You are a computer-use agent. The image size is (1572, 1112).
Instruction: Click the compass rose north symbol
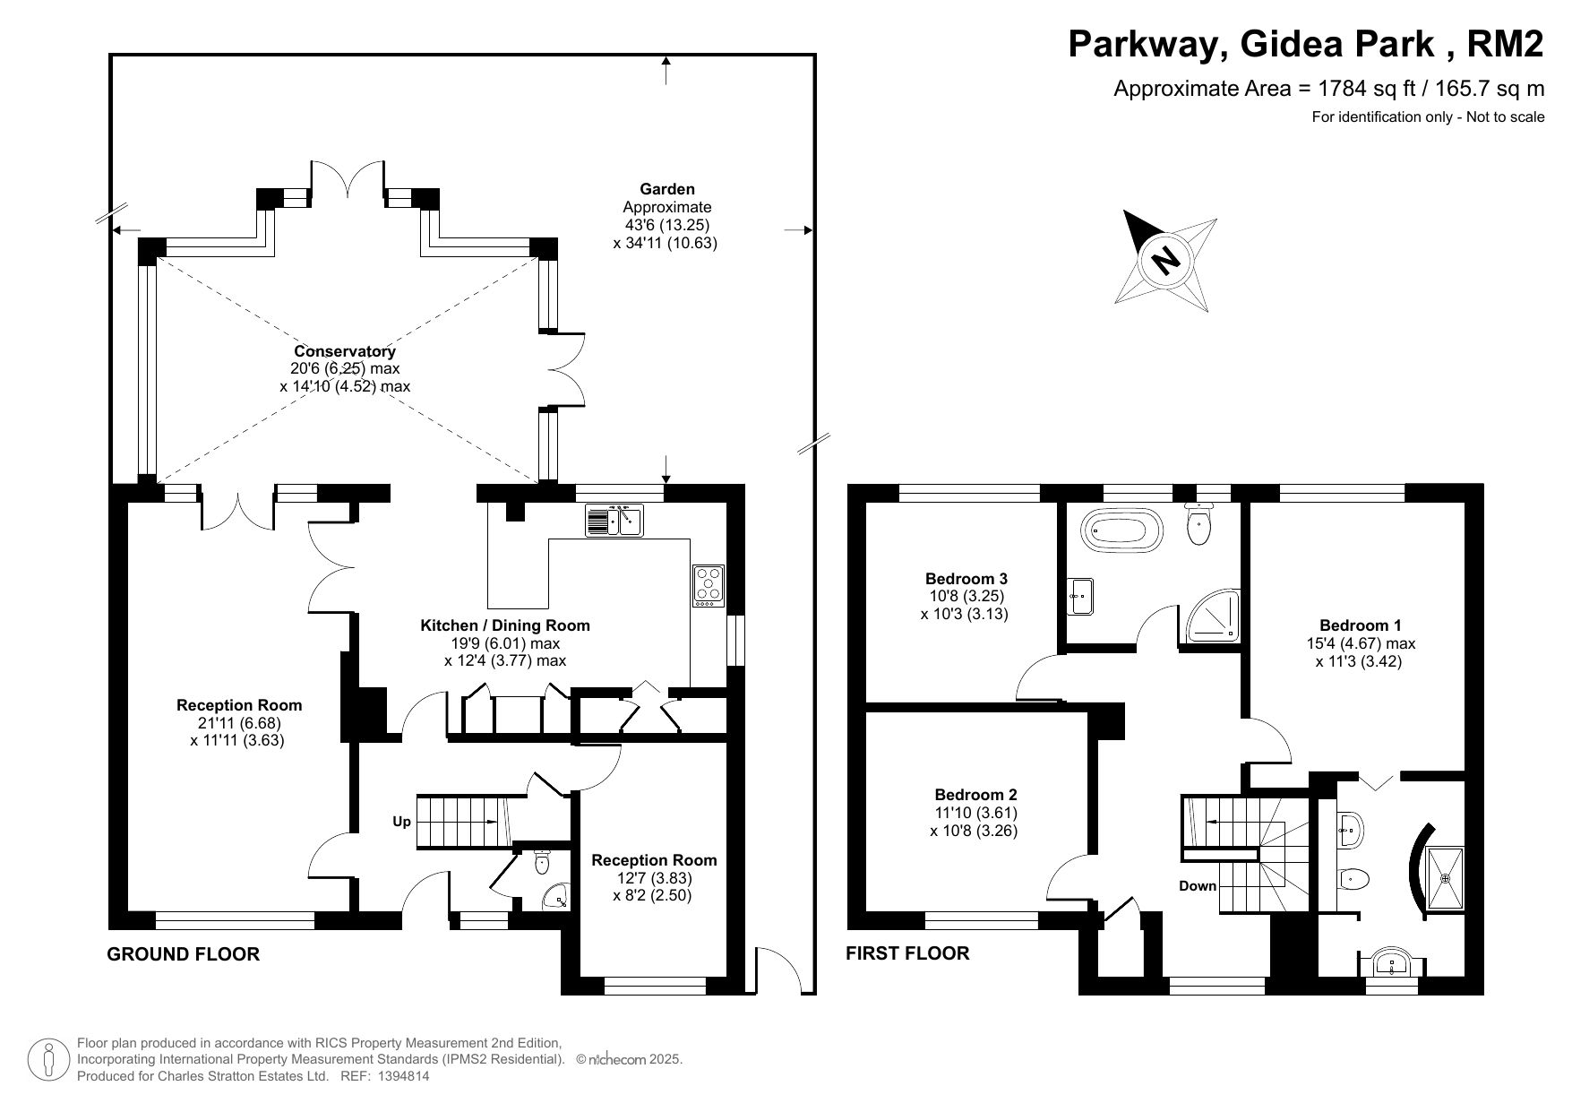[x=1165, y=261]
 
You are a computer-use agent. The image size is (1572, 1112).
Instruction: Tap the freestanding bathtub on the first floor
[x=1123, y=530]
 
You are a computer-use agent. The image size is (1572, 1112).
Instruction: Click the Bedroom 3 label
[x=966, y=579]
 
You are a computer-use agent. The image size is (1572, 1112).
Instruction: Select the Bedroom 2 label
[x=975, y=795]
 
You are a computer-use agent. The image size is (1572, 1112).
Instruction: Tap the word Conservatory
[x=345, y=352]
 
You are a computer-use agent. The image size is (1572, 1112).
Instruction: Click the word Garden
[x=667, y=189]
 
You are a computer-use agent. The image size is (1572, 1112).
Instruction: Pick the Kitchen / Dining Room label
[x=505, y=625]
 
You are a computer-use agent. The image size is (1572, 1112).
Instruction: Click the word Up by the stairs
[x=401, y=822]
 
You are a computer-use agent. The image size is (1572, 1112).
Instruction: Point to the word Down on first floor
[x=1198, y=886]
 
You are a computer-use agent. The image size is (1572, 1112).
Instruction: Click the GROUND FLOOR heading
[x=184, y=954]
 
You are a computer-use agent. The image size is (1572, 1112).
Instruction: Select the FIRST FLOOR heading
[x=907, y=953]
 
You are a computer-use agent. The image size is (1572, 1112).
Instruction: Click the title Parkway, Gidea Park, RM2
[x=1306, y=44]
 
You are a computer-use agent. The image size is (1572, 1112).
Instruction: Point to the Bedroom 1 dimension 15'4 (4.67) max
[x=1361, y=643]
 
